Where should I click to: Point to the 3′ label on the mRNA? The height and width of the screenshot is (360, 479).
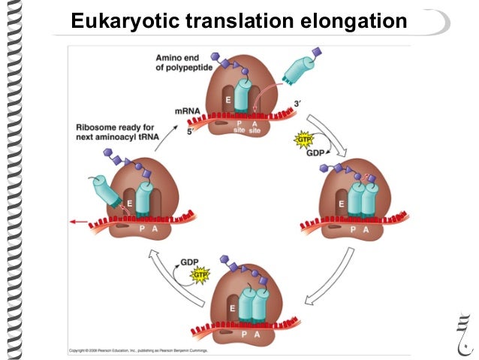coord(298,104)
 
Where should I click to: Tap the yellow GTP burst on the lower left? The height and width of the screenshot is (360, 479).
coord(200,276)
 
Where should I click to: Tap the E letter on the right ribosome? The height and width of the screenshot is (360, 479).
coord(341,203)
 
